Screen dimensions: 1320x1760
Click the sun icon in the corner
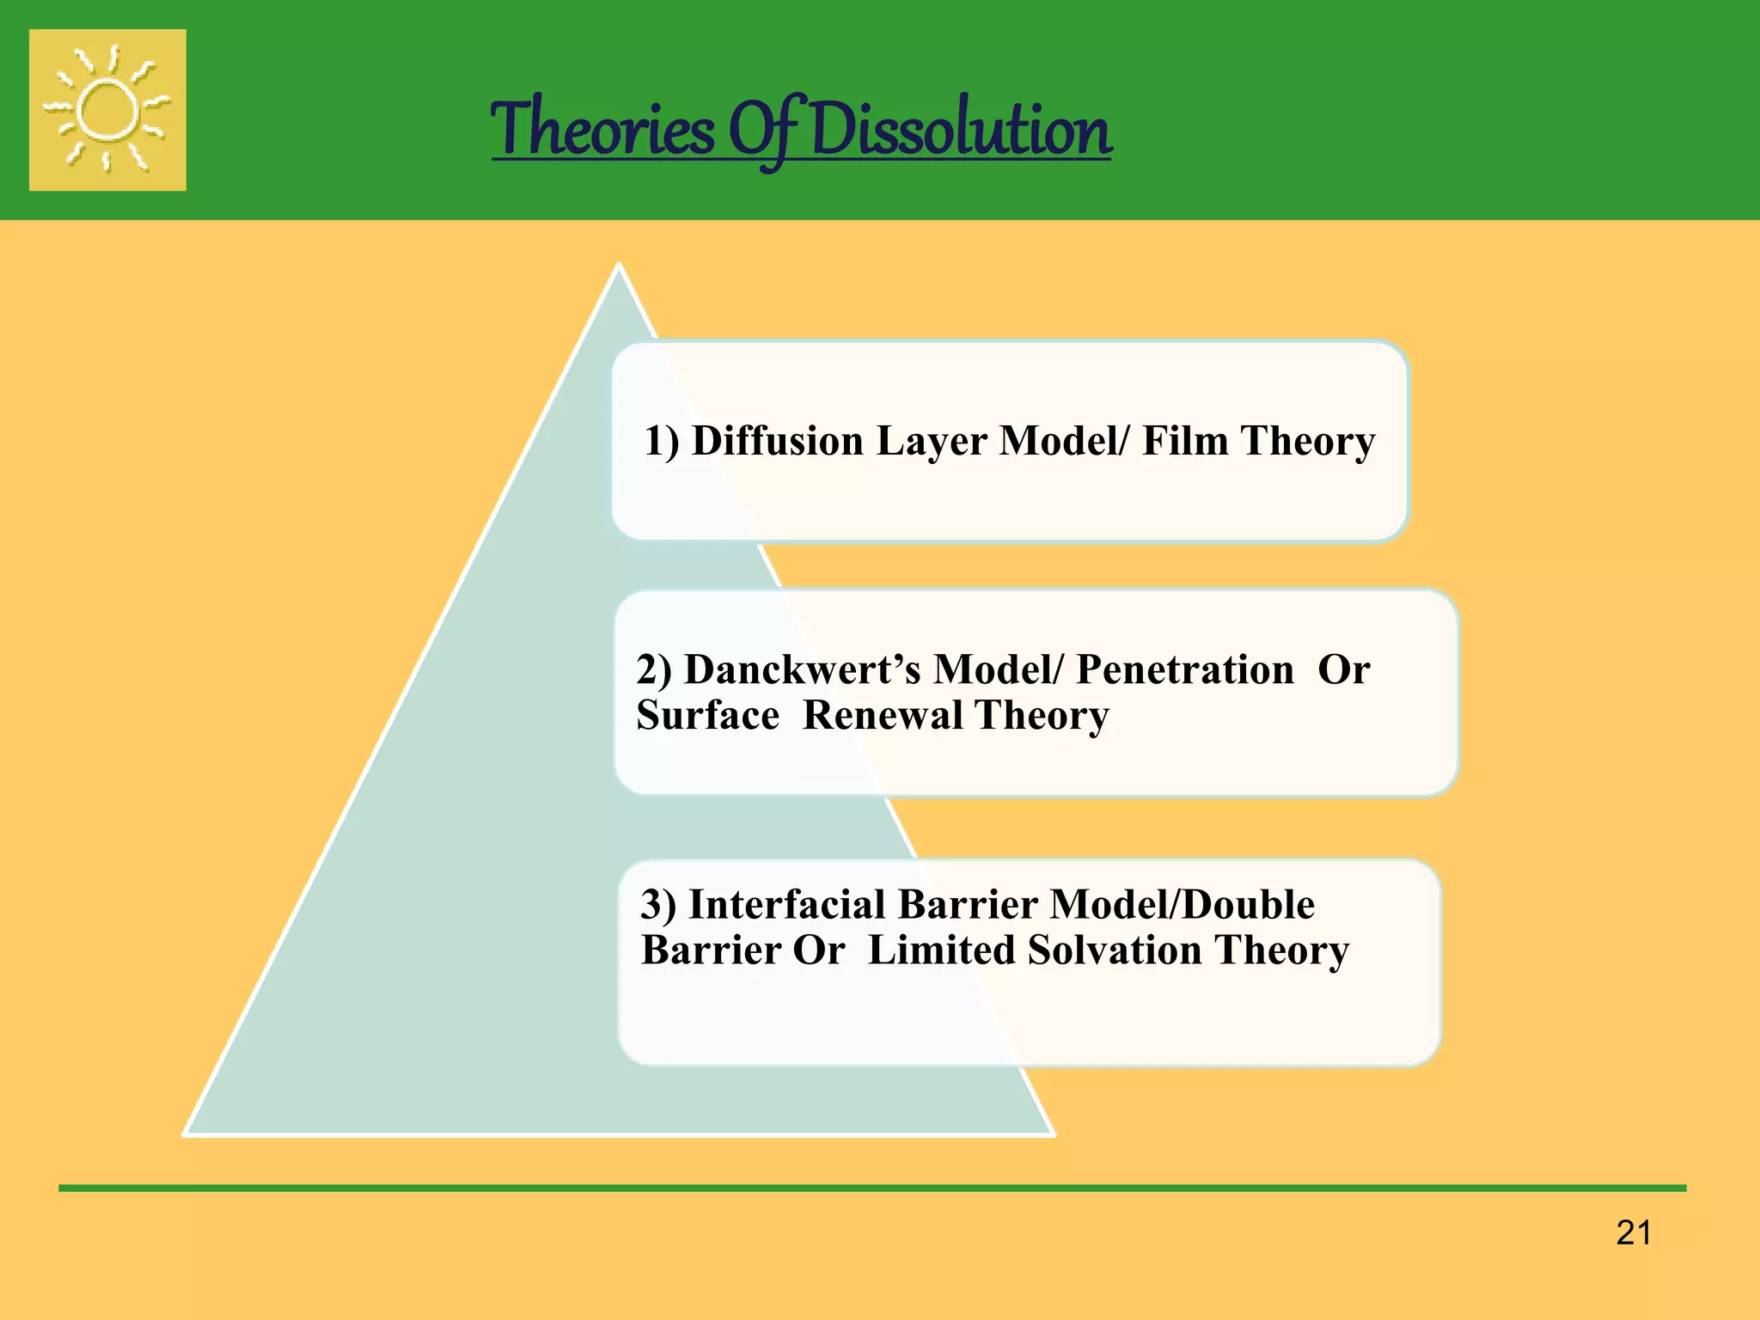click(x=107, y=110)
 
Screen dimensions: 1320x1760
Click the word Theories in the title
click(x=602, y=129)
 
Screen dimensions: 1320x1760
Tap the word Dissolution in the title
click(x=960, y=129)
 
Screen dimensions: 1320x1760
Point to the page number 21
click(x=1633, y=1233)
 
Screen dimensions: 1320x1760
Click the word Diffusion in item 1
click(x=778, y=441)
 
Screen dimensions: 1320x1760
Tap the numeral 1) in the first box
click(x=662, y=442)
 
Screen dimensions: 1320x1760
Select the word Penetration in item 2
click(x=1185, y=669)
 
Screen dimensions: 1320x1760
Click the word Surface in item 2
click(x=708, y=715)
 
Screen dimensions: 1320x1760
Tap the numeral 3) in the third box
click(x=658, y=905)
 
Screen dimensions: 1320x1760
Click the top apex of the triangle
click(x=619, y=266)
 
